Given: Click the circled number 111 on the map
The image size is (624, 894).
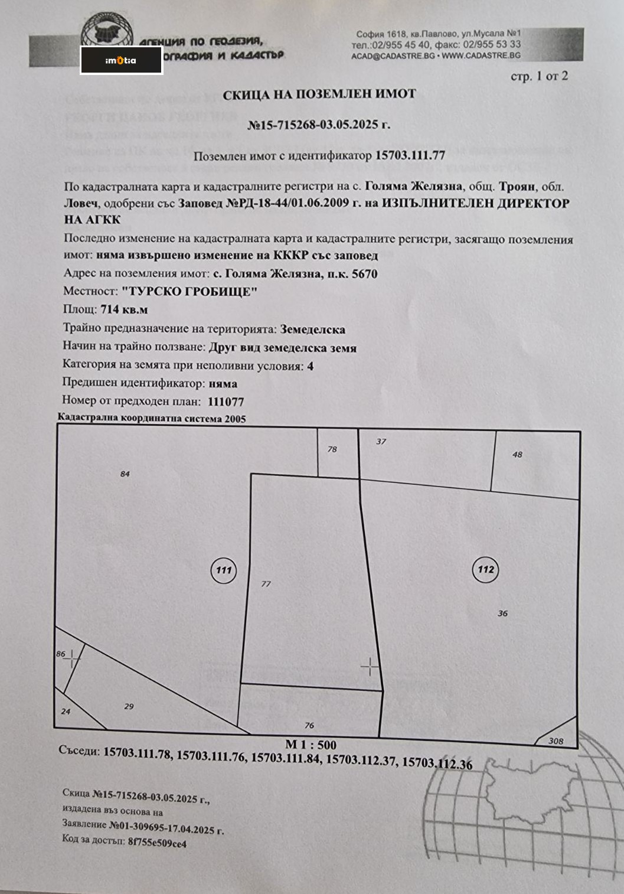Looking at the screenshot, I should [x=223, y=570].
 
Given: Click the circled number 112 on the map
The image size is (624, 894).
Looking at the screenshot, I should [x=485, y=569].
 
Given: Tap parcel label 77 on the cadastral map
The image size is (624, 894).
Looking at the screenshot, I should [x=266, y=583].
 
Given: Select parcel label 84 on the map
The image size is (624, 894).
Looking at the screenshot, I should [x=125, y=474].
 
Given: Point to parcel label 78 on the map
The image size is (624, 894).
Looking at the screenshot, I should [x=332, y=449].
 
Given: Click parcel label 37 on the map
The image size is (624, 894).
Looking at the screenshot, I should [x=381, y=441].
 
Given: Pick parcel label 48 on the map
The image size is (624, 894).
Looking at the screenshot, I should [x=517, y=454].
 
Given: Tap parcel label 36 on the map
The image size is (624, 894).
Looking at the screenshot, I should [x=502, y=613].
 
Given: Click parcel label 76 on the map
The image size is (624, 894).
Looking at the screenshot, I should [x=309, y=725].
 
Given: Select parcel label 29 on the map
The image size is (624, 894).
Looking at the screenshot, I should [x=129, y=706].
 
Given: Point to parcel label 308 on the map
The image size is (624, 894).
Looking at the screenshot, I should [x=556, y=740].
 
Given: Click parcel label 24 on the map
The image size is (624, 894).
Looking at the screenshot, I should [x=66, y=711].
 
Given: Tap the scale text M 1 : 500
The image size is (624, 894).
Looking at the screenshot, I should [x=311, y=745].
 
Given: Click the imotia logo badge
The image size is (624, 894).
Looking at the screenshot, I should [x=121, y=60].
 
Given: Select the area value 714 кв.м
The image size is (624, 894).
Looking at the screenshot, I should [x=124, y=309].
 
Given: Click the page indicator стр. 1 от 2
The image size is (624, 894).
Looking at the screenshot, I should [x=538, y=76].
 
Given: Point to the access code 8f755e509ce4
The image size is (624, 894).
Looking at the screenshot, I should [x=157, y=843].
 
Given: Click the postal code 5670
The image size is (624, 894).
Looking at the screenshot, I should [x=364, y=274].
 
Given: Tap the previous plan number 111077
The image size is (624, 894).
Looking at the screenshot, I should [x=226, y=402].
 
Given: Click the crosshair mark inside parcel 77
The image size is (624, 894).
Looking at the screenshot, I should [x=370, y=667].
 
